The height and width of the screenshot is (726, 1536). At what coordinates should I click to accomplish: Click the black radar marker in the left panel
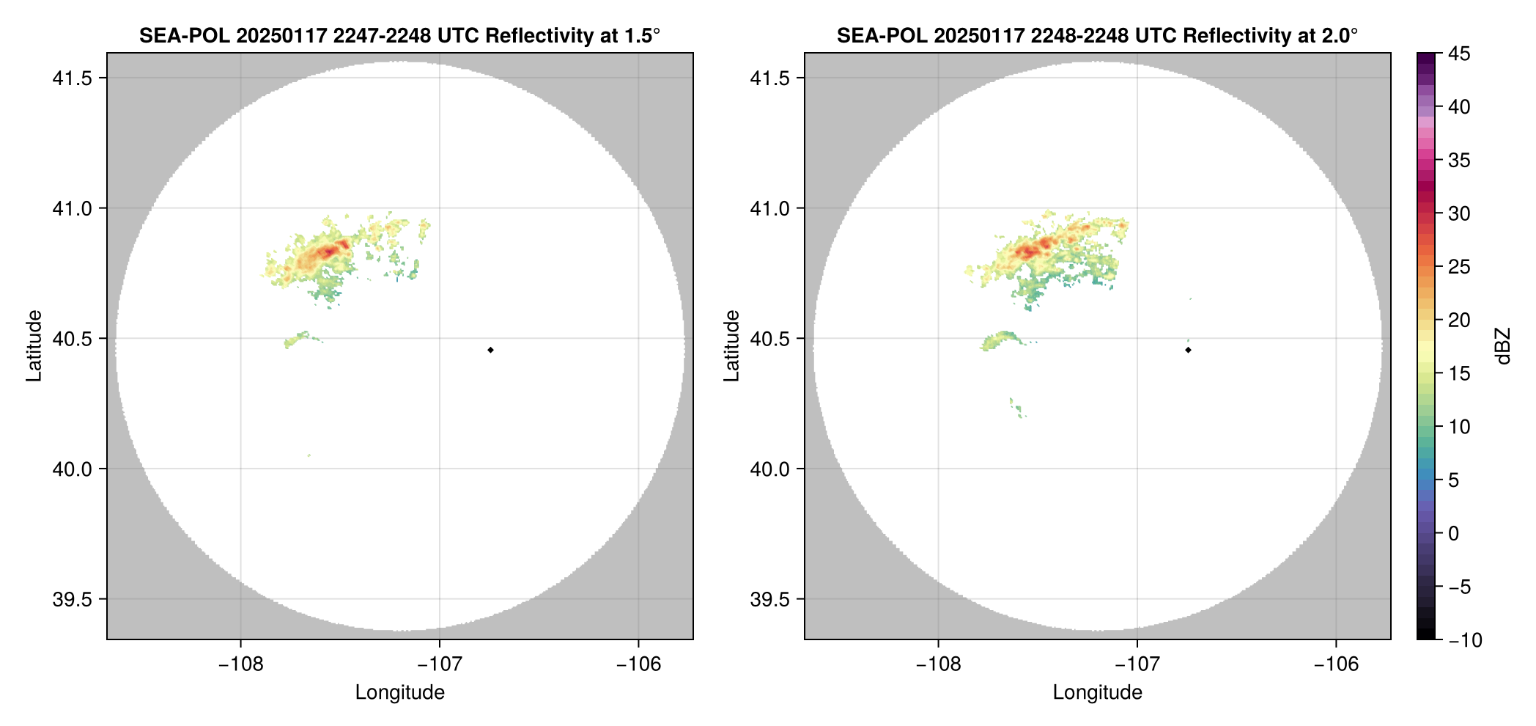click(x=490, y=350)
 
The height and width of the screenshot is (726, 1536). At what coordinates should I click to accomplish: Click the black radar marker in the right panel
click(x=1188, y=350)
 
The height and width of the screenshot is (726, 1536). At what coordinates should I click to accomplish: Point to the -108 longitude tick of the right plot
click(x=938, y=664)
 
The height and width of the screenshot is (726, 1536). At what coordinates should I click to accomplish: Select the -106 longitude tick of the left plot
click(x=638, y=664)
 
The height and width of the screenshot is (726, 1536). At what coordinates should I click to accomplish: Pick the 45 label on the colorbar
click(x=1459, y=54)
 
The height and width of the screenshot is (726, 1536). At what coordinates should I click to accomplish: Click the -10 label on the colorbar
click(x=1465, y=640)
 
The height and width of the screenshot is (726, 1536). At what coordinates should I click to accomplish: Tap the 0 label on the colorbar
click(x=1454, y=534)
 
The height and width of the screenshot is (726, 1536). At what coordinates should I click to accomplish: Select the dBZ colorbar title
click(x=1503, y=346)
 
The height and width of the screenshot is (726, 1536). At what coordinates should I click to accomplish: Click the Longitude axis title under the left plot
click(x=399, y=692)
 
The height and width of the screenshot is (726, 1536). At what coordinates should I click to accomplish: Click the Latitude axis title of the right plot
click(x=731, y=345)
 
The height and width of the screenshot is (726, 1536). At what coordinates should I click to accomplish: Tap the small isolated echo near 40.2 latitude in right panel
click(x=1016, y=408)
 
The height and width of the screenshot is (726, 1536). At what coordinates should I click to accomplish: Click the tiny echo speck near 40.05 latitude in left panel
click(x=309, y=455)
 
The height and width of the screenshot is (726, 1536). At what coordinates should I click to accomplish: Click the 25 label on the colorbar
click(x=1459, y=267)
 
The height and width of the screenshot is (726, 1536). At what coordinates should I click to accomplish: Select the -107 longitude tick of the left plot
click(x=439, y=664)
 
